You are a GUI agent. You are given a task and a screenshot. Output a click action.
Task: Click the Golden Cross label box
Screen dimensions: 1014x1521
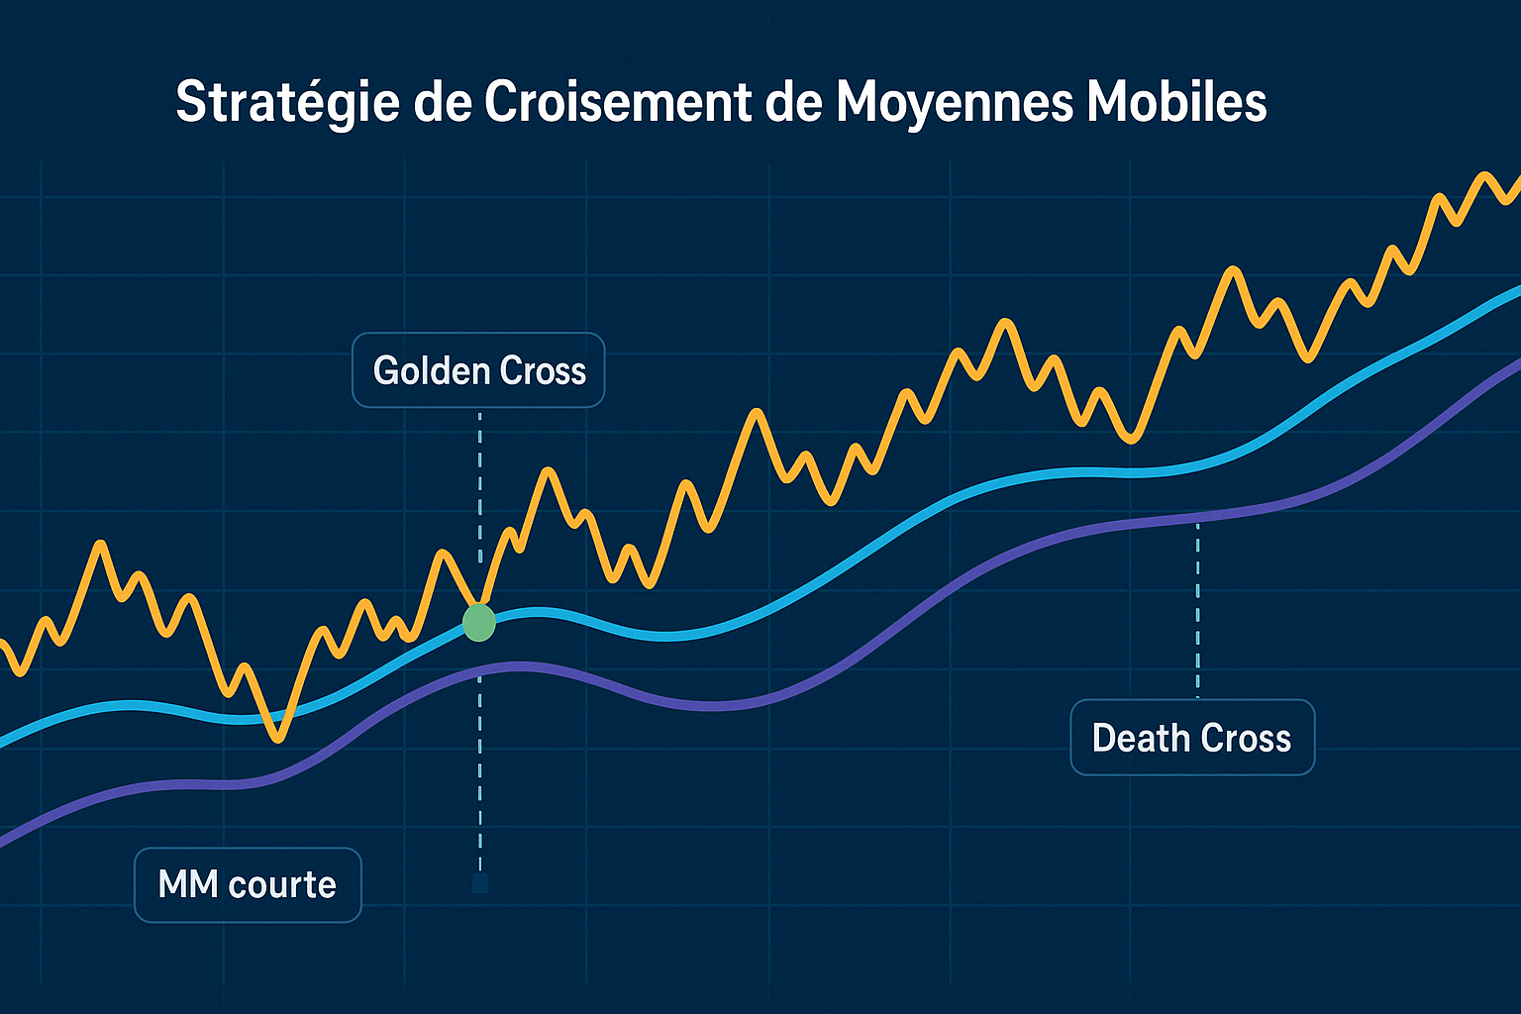pyautogui.click(x=478, y=370)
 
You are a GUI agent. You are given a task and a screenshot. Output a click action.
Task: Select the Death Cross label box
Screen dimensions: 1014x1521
pyautogui.click(x=1191, y=738)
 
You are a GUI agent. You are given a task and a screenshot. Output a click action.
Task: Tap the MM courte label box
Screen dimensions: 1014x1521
pyautogui.click(x=248, y=884)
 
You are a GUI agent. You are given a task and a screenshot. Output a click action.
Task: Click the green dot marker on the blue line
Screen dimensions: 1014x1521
pyautogui.click(x=479, y=623)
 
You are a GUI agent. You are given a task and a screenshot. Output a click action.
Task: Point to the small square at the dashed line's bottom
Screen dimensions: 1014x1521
pyautogui.click(x=480, y=883)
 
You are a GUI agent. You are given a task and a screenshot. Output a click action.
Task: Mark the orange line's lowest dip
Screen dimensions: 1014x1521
pyautogui.click(x=278, y=737)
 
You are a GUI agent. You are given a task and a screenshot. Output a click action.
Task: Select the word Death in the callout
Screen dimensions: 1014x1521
pyautogui.click(x=1139, y=738)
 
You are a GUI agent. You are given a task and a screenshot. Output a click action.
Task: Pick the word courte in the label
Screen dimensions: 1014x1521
pyautogui.click(x=281, y=884)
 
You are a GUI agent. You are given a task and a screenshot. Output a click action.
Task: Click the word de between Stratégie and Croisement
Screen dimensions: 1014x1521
pyautogui.click(x=444, y=102)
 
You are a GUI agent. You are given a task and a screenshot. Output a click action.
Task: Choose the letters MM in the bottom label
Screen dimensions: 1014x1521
pyautogui.click(x=187, y=884)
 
